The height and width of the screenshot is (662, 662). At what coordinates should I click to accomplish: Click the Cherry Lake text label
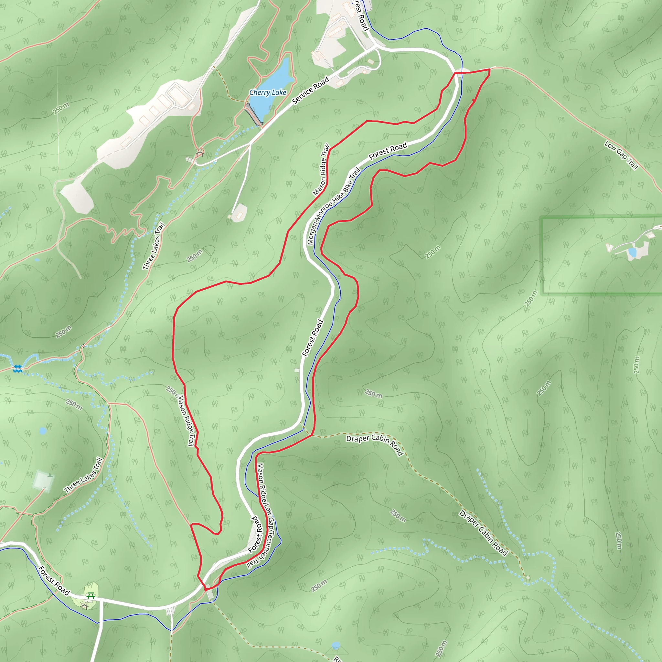pos(268,92)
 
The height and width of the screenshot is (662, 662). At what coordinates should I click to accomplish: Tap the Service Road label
pos(310,91)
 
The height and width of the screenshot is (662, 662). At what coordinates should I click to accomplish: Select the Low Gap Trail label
pos(621,155)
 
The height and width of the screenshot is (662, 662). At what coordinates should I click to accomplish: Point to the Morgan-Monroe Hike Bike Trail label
pos(333,206)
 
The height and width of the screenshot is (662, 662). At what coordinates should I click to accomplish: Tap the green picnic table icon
pos(91,595)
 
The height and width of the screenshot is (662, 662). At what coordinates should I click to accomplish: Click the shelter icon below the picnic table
pos(85,607)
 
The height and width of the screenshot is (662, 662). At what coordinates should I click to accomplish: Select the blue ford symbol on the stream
pos(17,369)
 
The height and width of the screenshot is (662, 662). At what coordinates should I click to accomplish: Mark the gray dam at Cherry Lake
pos(253,114)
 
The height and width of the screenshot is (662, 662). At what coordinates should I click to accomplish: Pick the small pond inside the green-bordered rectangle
pos(632,252)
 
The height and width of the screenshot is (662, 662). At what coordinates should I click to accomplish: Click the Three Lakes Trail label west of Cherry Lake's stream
pos(154,246)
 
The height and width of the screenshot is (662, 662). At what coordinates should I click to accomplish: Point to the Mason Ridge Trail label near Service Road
pos(321,170)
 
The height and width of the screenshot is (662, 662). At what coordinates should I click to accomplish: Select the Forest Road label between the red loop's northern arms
pos(388,151)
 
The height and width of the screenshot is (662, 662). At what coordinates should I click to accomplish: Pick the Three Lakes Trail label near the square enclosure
pos(83,475)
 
